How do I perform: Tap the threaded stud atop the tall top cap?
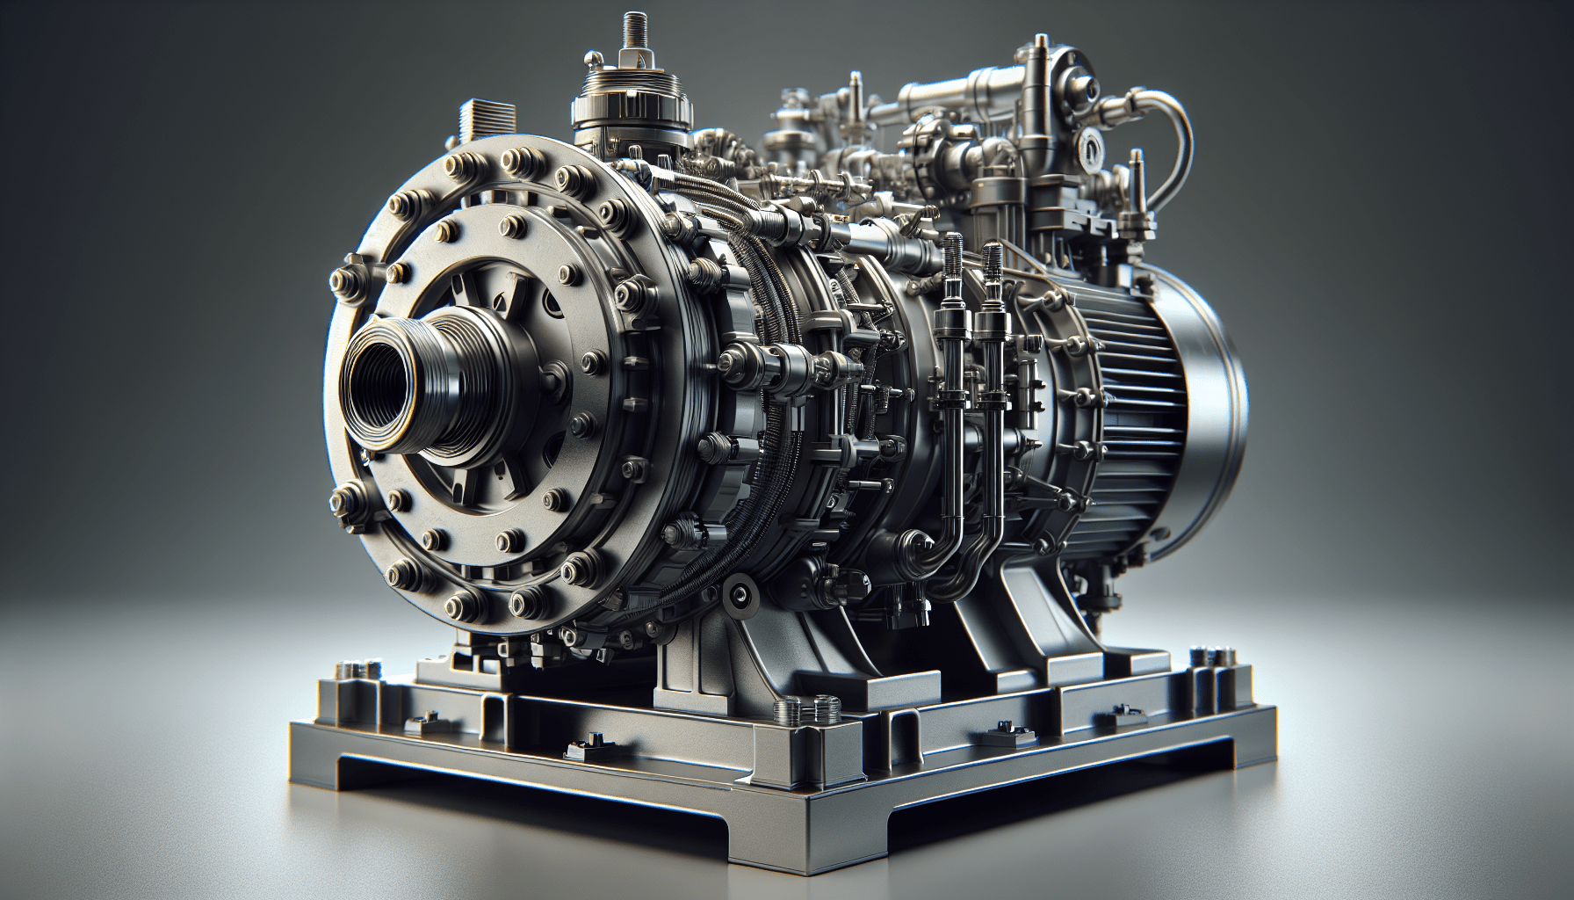(x=630, y=35)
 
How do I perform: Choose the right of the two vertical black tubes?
(x=993, y=352)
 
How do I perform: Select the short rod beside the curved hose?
(x=1139, y=189)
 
